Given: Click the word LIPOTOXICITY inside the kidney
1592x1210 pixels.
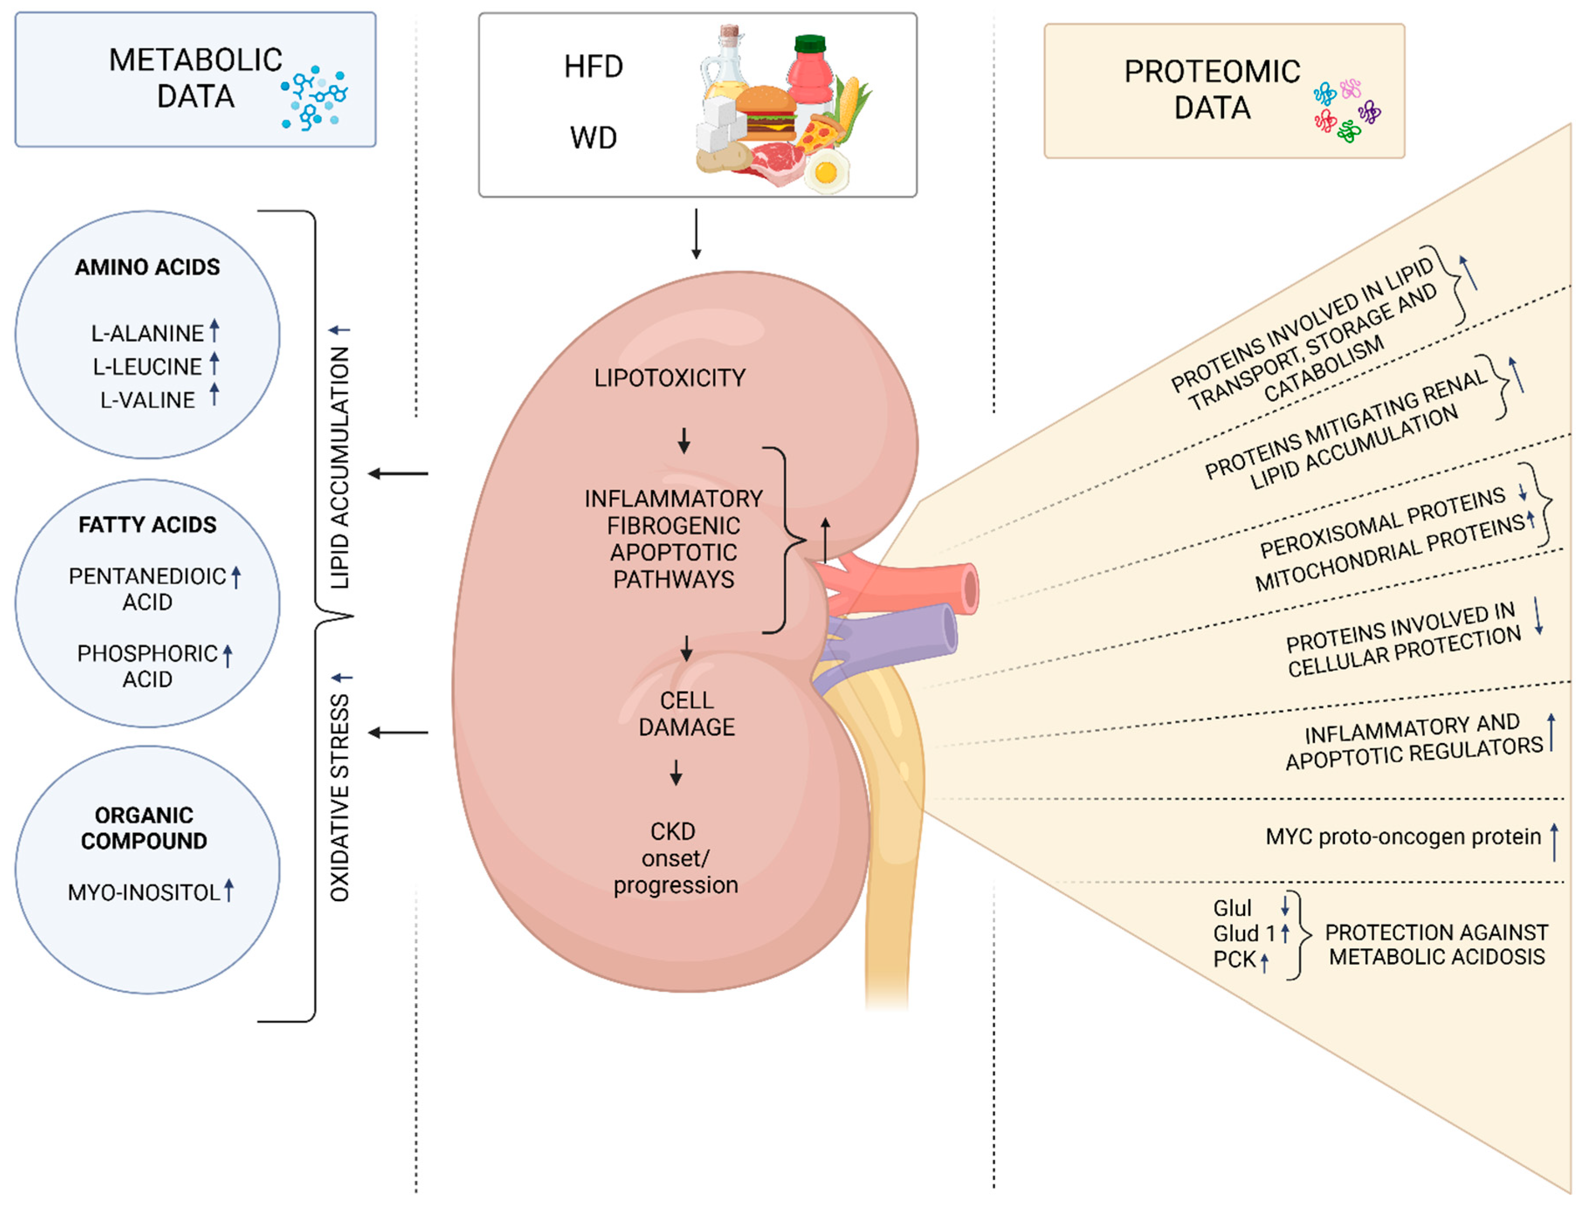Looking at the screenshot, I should click(669, 378).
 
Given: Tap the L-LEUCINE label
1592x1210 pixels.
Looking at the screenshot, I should click(147, 367).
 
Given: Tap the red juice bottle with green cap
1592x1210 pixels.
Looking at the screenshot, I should click(811, 72).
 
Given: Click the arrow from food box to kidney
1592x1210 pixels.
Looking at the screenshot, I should click(696, 234).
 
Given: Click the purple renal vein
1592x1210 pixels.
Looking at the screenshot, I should click(908, 634).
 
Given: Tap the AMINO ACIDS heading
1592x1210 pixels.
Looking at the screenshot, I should click(147, 267).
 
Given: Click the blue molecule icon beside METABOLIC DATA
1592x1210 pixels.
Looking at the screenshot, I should click(314, 99).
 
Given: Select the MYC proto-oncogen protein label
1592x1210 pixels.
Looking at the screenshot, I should click(1403, 837).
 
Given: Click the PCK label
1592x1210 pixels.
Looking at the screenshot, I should click(1234, 960).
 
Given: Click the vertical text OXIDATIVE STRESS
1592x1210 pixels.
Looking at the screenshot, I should click(339, 797).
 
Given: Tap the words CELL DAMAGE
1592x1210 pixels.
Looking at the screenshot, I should click(687, 714).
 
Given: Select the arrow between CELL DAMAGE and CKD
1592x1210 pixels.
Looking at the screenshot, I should click(676, 772).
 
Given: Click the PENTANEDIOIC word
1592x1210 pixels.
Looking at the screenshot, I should click(147, 576).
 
